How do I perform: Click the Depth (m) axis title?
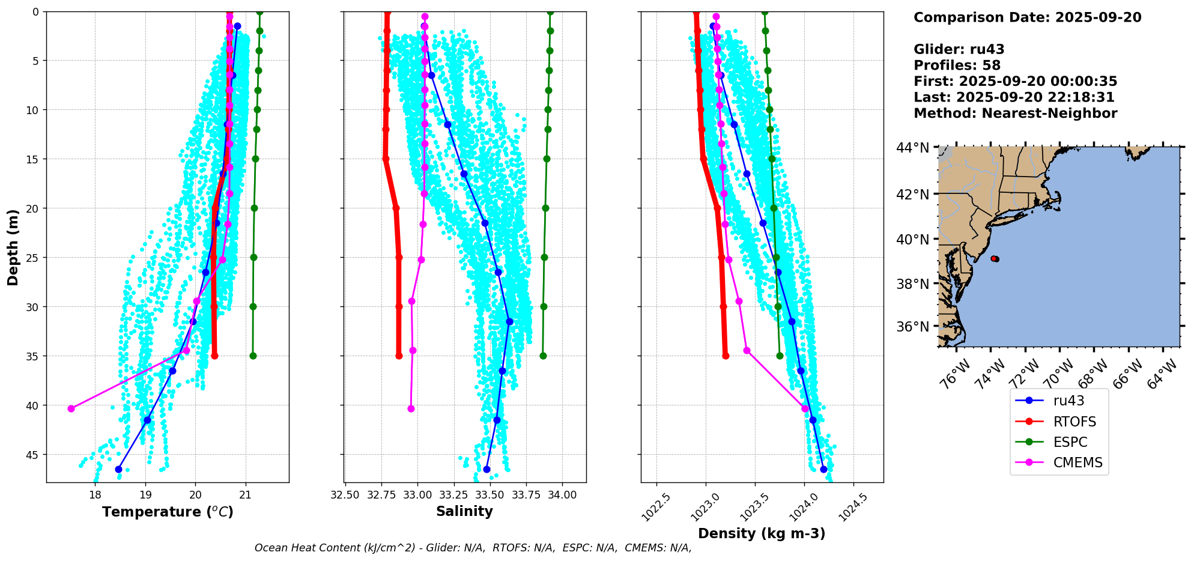13,247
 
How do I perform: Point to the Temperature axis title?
168,512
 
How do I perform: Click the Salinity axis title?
464,511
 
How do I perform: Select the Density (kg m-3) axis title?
762,533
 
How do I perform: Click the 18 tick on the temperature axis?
95,495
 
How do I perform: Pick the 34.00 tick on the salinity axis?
562,495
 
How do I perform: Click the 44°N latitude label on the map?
912,148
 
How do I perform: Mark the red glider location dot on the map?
995,259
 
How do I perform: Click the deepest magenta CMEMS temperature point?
71,408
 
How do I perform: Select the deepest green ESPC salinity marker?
543,356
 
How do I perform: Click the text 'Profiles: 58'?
957,65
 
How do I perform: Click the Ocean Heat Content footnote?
473,548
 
